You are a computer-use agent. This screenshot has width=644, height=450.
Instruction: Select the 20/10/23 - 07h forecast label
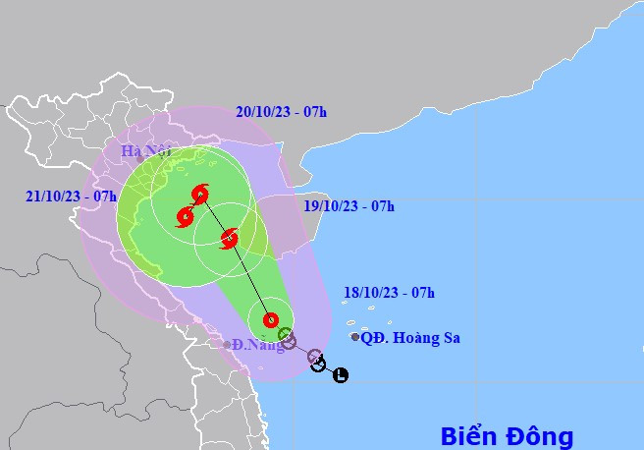(281, 111)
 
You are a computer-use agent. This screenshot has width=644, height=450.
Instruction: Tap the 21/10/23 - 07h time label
(72, 196)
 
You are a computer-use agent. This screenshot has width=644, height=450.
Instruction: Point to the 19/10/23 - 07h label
(349, 206)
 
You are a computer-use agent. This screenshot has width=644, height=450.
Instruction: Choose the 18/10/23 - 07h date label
(390, 292)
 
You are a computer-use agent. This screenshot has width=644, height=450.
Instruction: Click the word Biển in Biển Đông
(465, 435)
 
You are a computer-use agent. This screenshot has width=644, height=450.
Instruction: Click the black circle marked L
(340, 374)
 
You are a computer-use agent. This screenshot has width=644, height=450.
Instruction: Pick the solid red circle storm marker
(271, 319)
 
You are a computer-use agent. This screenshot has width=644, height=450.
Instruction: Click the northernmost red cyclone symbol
(201, 194)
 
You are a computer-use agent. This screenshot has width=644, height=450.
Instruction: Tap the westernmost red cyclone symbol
(185, 217)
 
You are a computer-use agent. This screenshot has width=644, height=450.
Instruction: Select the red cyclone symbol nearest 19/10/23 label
(230, 238)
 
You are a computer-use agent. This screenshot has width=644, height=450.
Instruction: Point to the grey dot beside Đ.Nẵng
(227, 344)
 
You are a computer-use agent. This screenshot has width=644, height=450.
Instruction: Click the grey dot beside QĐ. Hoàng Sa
(355, 337)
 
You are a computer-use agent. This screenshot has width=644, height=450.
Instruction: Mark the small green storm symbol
(286, 335)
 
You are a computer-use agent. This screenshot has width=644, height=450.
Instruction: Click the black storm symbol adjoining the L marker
(318, 365)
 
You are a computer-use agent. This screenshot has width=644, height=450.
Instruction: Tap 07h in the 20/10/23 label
(314, 111)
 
